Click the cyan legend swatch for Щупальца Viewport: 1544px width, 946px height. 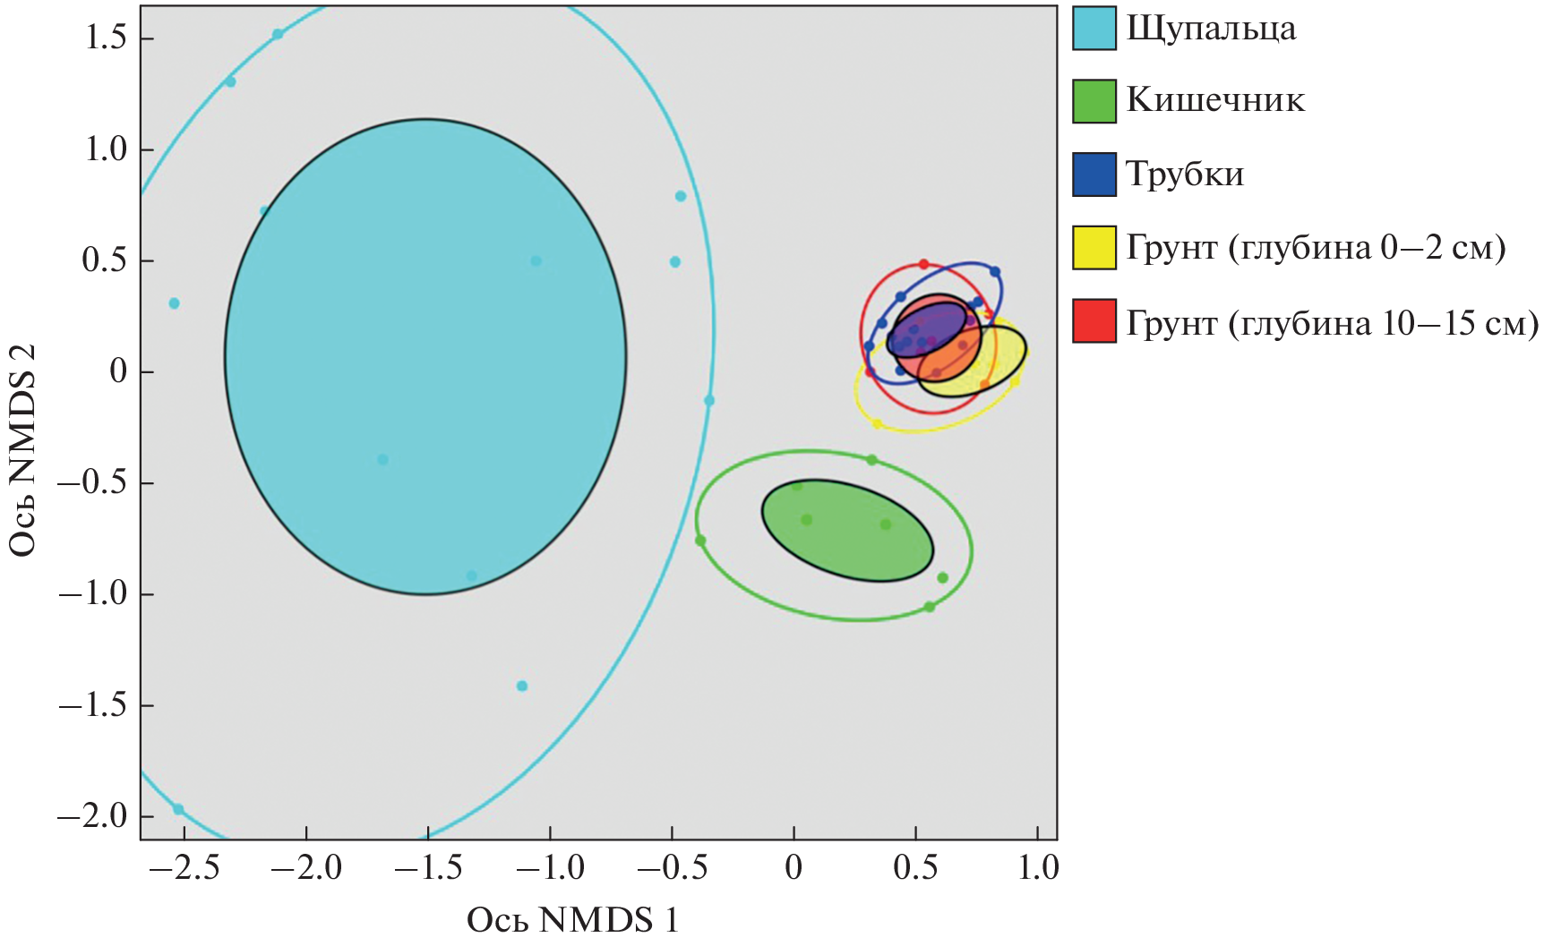1094,28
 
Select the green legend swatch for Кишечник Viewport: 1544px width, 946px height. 1094,101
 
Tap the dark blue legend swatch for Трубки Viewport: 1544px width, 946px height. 1094,175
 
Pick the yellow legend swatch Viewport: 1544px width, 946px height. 1094,248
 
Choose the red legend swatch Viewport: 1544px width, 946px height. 1094,321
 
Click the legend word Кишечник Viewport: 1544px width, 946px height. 1215,100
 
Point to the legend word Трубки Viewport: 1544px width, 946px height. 1185,175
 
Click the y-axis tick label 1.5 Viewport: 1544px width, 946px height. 106,38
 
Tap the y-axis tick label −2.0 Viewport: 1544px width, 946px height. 93,816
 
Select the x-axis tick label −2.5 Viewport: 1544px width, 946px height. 184,868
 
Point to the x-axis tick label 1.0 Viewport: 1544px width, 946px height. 1038,868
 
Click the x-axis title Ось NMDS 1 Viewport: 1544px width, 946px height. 573,920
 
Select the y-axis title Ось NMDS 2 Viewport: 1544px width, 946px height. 23,450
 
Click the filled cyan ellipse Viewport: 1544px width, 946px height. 425,356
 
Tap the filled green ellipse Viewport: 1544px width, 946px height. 847,530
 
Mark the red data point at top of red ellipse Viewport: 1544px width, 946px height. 923,264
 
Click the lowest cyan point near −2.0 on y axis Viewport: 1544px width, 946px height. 178,809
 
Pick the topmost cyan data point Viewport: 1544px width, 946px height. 278,34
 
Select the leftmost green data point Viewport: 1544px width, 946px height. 700,541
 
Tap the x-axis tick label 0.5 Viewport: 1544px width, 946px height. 915,868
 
